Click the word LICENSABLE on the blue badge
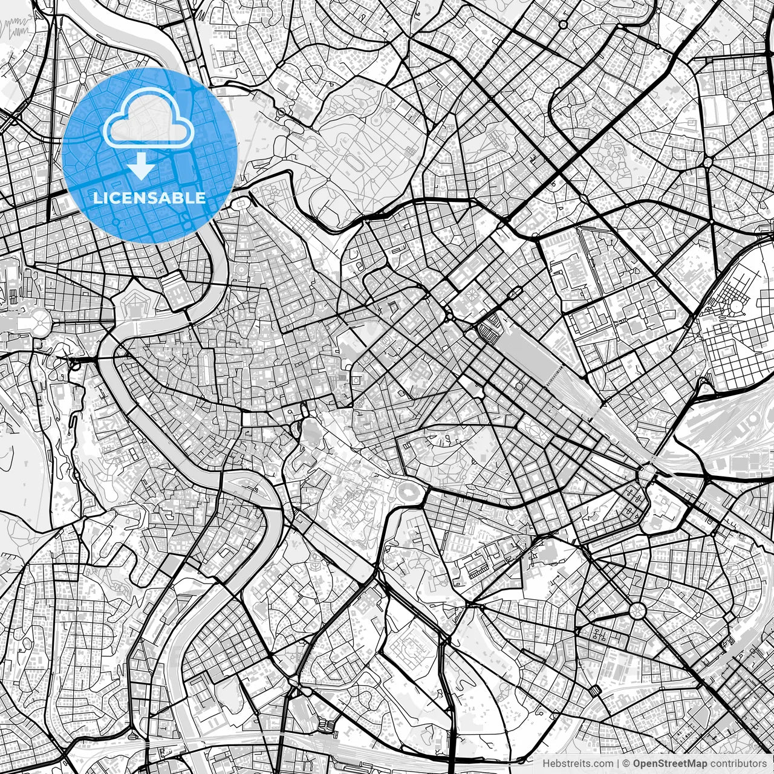(149, 198)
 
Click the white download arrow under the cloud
(141, 166)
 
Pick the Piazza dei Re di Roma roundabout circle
(637, 610)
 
